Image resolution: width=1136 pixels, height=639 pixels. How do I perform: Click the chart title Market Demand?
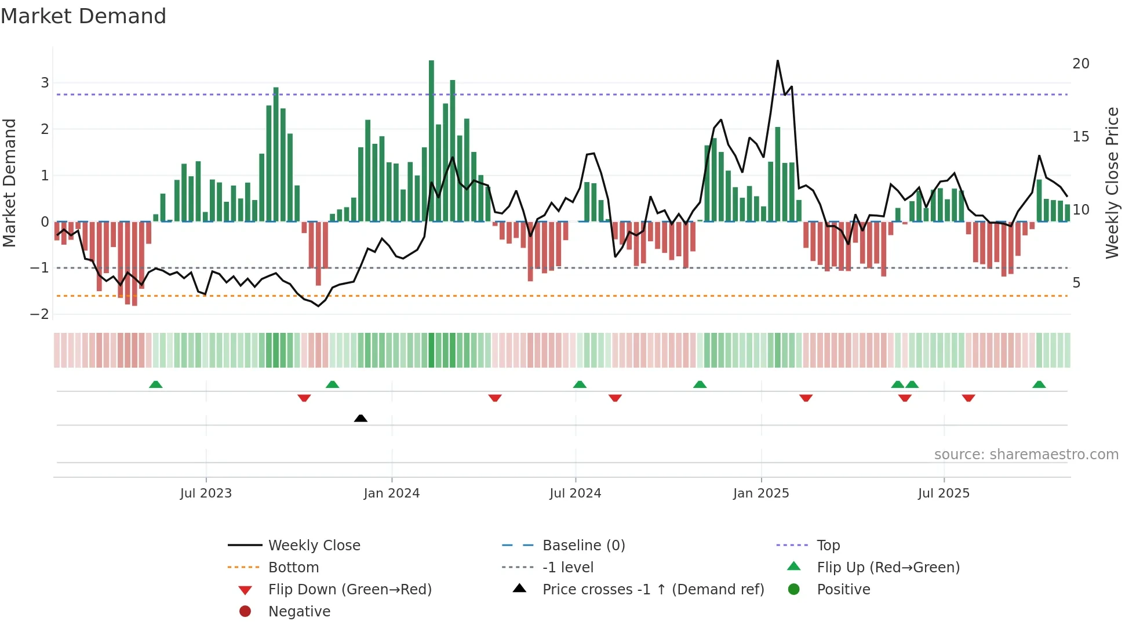click(83, 16)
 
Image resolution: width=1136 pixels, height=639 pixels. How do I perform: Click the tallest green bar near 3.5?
click(431, 139)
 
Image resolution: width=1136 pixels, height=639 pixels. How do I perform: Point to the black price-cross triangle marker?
click(361, 418)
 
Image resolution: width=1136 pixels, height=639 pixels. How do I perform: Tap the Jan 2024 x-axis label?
click(391, 493)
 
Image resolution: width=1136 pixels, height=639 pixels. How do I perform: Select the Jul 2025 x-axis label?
click(944, 493)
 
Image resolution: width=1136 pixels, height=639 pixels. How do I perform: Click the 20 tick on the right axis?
click(1080, 64)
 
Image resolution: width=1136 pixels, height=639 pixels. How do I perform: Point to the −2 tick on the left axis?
click(39, 314)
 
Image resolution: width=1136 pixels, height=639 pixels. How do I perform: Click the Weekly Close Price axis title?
click(1112, 183)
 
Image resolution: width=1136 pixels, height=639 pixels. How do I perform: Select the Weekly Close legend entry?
click(314, 546)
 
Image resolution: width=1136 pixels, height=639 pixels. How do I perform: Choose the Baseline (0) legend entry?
click(583, 546)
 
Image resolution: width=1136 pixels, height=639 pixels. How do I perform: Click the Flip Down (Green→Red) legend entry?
click(349, 590)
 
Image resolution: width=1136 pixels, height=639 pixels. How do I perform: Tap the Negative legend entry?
click(298, 612)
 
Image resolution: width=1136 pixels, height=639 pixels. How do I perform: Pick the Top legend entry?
click(828, 546)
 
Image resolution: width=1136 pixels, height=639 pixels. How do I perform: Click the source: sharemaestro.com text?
click(1026, 455)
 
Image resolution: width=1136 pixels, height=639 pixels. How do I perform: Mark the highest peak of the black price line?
click(777, 61)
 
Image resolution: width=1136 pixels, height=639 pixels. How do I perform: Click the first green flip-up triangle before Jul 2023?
click(155, 384)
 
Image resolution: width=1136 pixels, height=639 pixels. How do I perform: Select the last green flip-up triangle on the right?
click(1039, 384)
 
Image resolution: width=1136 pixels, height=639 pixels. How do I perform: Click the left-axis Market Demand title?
click(9, 183)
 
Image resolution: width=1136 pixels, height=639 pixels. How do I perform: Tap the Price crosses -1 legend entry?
click(653, 590)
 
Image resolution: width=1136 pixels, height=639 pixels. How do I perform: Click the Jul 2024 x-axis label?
click(575, 493)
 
